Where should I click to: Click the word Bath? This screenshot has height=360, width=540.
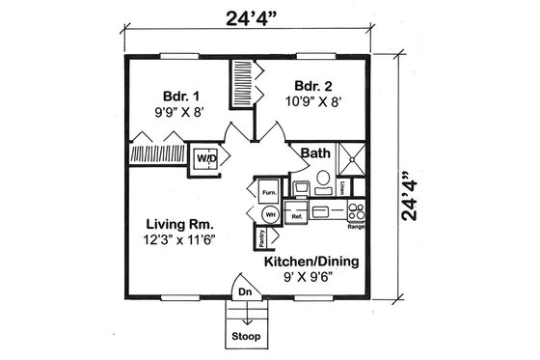pos(315,153)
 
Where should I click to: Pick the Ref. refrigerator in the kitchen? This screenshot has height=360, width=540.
pos(297,215)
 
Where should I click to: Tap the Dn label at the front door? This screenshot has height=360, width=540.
pos(244,289)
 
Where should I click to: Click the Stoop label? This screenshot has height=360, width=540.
pos(244,338)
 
